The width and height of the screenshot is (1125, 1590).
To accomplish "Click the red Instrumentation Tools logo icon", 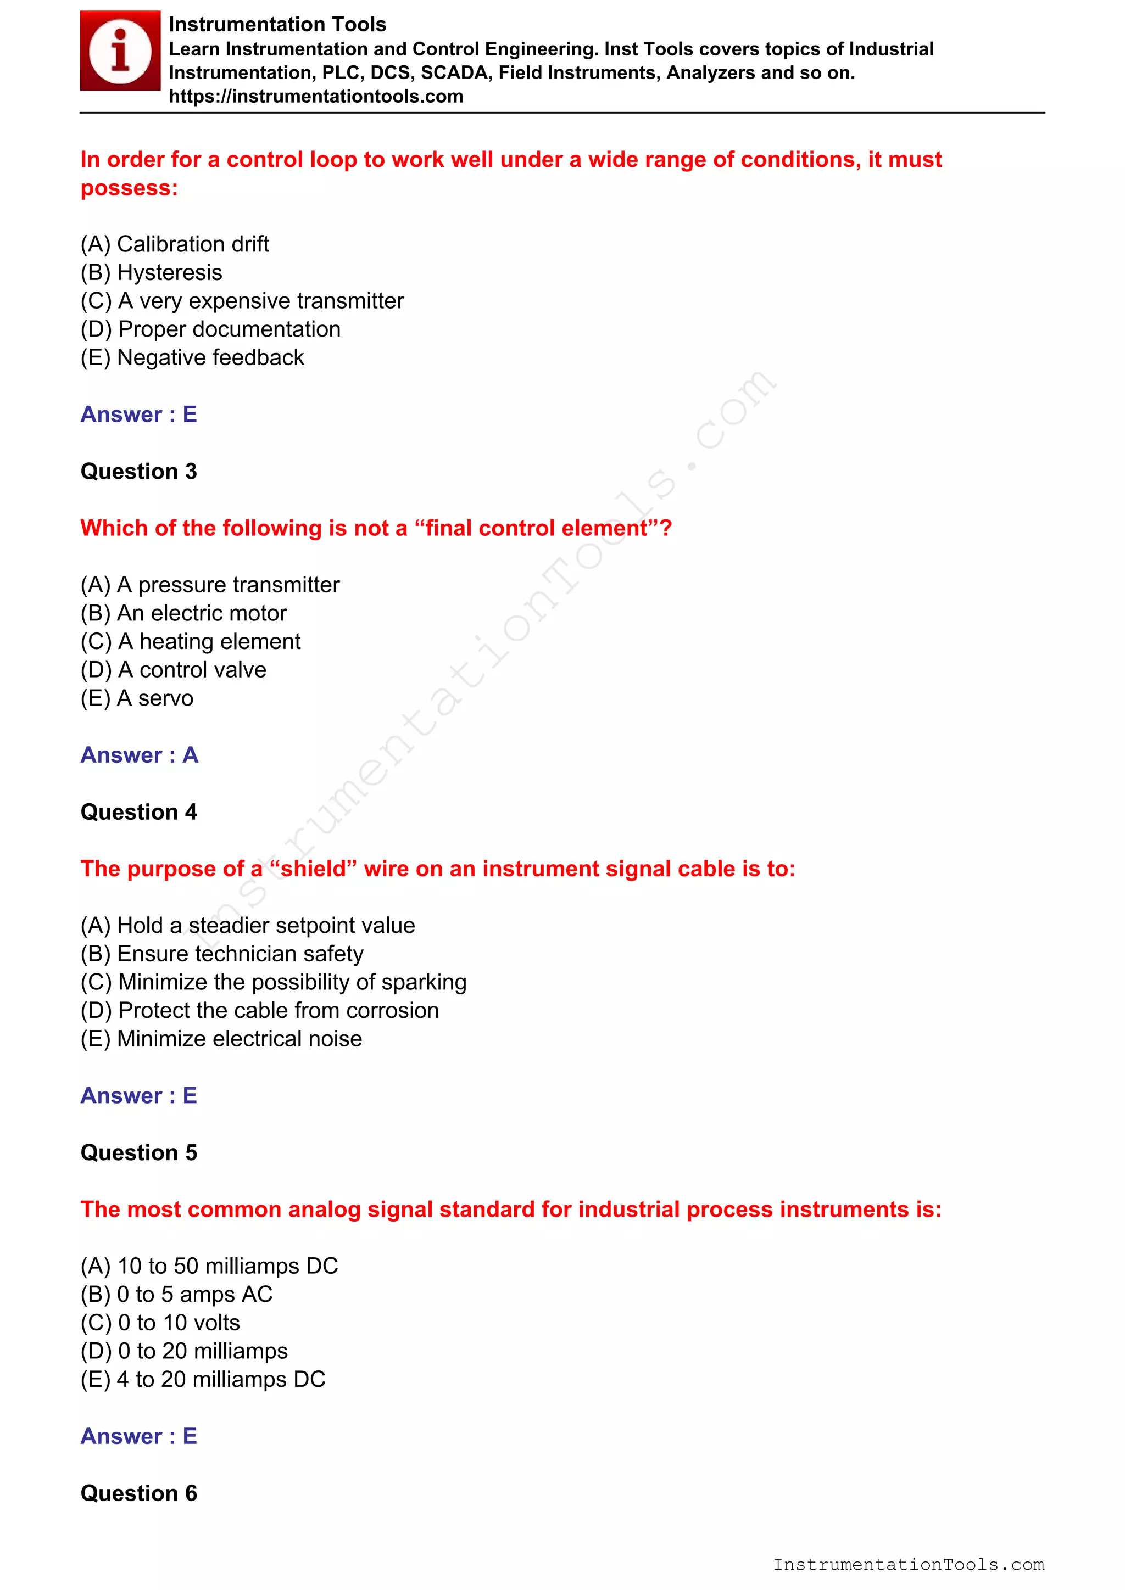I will [x=120, y=51].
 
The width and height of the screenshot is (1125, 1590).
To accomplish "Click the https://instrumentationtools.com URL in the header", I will [x=316, y=96].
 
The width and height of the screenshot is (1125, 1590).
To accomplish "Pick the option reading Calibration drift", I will [x=175, y=244].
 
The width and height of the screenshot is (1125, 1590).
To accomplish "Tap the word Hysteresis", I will [x=170, y=272].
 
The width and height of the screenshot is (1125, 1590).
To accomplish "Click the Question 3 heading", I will [x=138, y=471].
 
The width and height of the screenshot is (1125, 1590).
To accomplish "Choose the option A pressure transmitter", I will [x=210, y=585].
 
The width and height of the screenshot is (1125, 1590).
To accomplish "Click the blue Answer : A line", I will [x=139, y=755].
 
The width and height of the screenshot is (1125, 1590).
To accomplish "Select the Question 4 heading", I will [x=138, y=811].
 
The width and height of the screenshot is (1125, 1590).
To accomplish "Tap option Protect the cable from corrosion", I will [x=260, y=1010].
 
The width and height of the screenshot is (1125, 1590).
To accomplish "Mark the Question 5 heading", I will [x=138, y=1152].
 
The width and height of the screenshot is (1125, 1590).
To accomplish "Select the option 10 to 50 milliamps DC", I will [x=209, y=1266].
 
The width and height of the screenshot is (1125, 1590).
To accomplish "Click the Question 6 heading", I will [x=138, y=1493].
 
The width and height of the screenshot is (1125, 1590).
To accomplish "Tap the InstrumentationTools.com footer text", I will [x=908, y=1564].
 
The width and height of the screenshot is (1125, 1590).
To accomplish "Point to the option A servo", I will [x=137, y=698].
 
